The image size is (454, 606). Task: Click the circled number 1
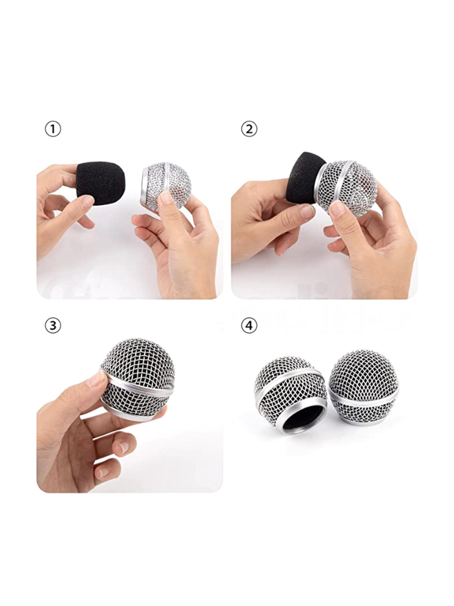click(x=53, y=129)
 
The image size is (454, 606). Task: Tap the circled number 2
click(x=249, y=129)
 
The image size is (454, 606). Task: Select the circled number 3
click(x=53, y=325)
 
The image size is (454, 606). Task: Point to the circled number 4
click(x=249, y=325)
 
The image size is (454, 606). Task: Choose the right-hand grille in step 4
click(x=364, y=387)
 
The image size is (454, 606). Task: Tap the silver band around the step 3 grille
click(x=139, y=385)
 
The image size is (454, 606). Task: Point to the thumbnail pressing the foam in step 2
click(x=308, y=211)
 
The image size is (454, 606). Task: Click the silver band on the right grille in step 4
click(x=365, y=398)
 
